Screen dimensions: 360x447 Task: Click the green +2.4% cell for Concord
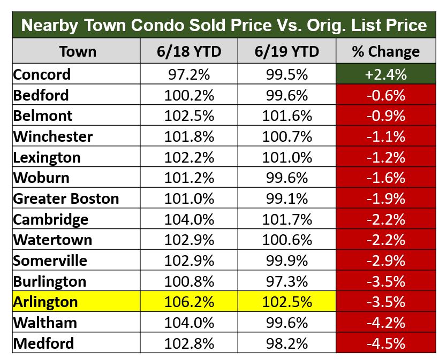pyautogui.click(x=386, y=74)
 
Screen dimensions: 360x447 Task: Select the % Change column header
pyautogui.click(x=386, y=52)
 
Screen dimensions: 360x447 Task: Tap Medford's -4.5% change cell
pyautogui.click(x=386, y=343)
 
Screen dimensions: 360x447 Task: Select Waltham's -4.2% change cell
pyautogui.click(x=386, y=323)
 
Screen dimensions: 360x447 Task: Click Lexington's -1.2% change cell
pyautogui.click(x=386, y=157)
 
